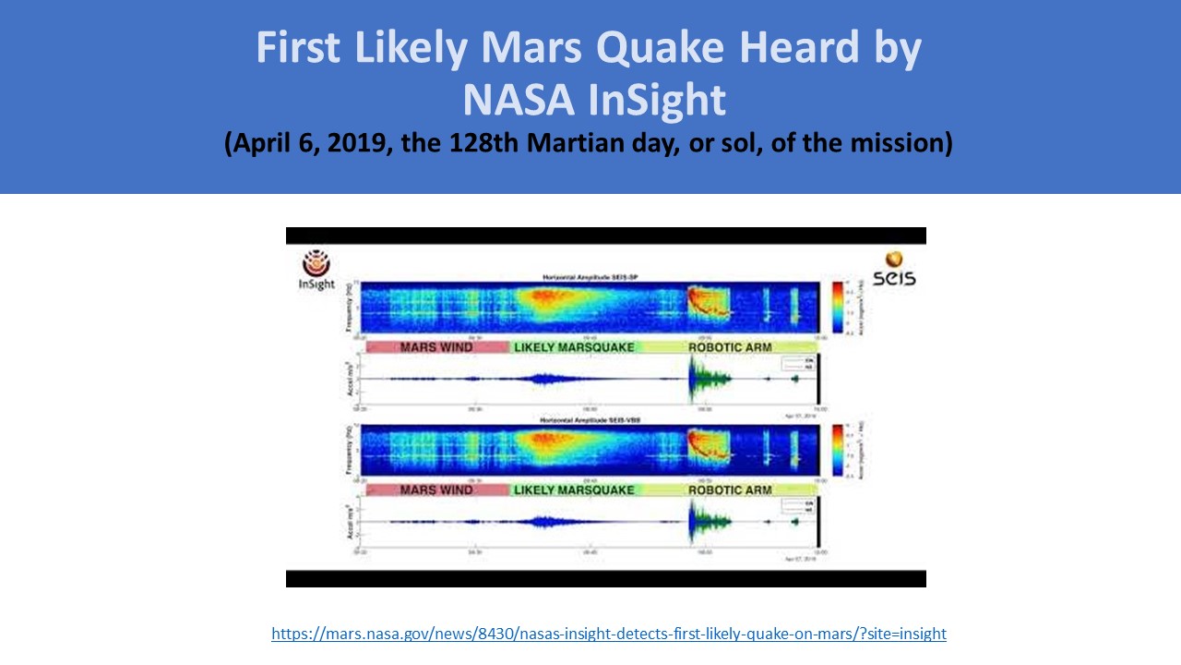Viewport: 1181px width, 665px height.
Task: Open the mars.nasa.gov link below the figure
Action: pos(608,634)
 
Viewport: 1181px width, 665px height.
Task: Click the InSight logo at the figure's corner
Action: pos(316,270)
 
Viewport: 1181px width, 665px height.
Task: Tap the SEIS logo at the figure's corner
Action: pos(893,269)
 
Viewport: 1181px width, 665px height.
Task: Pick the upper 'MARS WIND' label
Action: pos(436,347)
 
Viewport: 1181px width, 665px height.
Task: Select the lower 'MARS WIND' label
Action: pos(436,490)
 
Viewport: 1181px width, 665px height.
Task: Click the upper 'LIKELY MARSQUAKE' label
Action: pos(574,347)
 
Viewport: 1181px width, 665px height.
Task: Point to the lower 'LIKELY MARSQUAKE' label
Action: pos(574,490)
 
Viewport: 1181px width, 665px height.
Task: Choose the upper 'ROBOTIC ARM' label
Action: pos(730,347)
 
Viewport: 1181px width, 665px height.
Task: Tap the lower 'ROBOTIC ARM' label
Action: pos(730,490)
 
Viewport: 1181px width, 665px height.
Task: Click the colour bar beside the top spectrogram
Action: pos(837,306)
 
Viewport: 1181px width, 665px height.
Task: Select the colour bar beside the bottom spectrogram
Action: pos(837,449)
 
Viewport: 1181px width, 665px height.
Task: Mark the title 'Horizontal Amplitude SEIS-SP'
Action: pos(589,277)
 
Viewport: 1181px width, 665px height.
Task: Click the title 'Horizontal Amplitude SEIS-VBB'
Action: pos(589,420)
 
